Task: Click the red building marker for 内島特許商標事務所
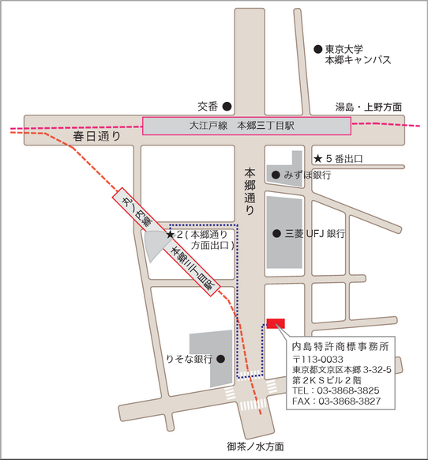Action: coord(276,323)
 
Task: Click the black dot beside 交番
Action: coord(227,105)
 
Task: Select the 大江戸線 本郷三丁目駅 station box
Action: coord(246,126)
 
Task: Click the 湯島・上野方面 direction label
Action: coord(368,107)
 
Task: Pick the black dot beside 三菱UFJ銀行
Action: coord(276,233)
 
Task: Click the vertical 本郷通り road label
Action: coord(250,192)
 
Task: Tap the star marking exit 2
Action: coord(170,235)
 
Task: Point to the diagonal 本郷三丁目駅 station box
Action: coord(193,270)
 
